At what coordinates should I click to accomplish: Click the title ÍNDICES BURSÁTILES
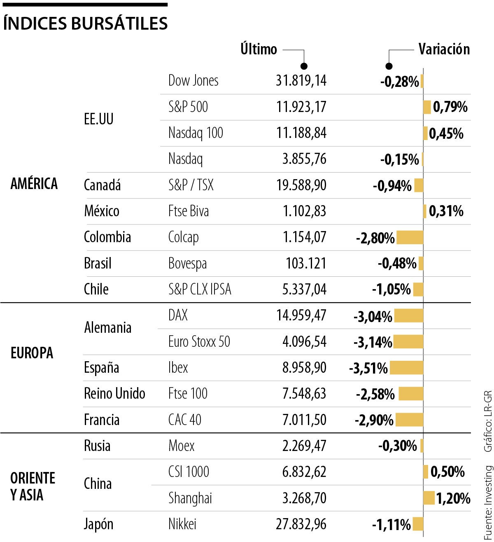(x=85, y=23)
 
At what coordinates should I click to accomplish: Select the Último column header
(x=259, y=49)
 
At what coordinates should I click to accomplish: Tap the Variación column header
(x=444, y=49)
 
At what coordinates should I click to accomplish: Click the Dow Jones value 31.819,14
(x=301, y=81)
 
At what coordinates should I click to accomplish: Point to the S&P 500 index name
(x=188, y=107)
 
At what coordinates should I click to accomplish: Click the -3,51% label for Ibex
(x=368, y=368)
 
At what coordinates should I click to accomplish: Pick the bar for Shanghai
(x=429, y=498)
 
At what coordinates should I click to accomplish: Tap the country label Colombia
(x=107, y=237)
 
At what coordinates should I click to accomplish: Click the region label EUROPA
(x=32, y=353)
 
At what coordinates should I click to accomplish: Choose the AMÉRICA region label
(x=34, y=184)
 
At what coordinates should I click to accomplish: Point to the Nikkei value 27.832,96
(x=301, y=524)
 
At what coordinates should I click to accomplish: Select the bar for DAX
(x=408, y=316)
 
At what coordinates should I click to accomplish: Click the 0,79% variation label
(x=450, y=107)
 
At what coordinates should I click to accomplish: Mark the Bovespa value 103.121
(x=306, y=264)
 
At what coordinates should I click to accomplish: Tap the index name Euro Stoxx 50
(x=199, y=342)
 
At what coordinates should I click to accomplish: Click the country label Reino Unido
(x=114, y=394)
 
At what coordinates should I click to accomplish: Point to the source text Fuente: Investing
(x=488, y=502)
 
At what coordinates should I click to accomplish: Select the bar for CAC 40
(x=409, y=420)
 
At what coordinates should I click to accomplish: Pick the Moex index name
(x=182, y=446)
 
